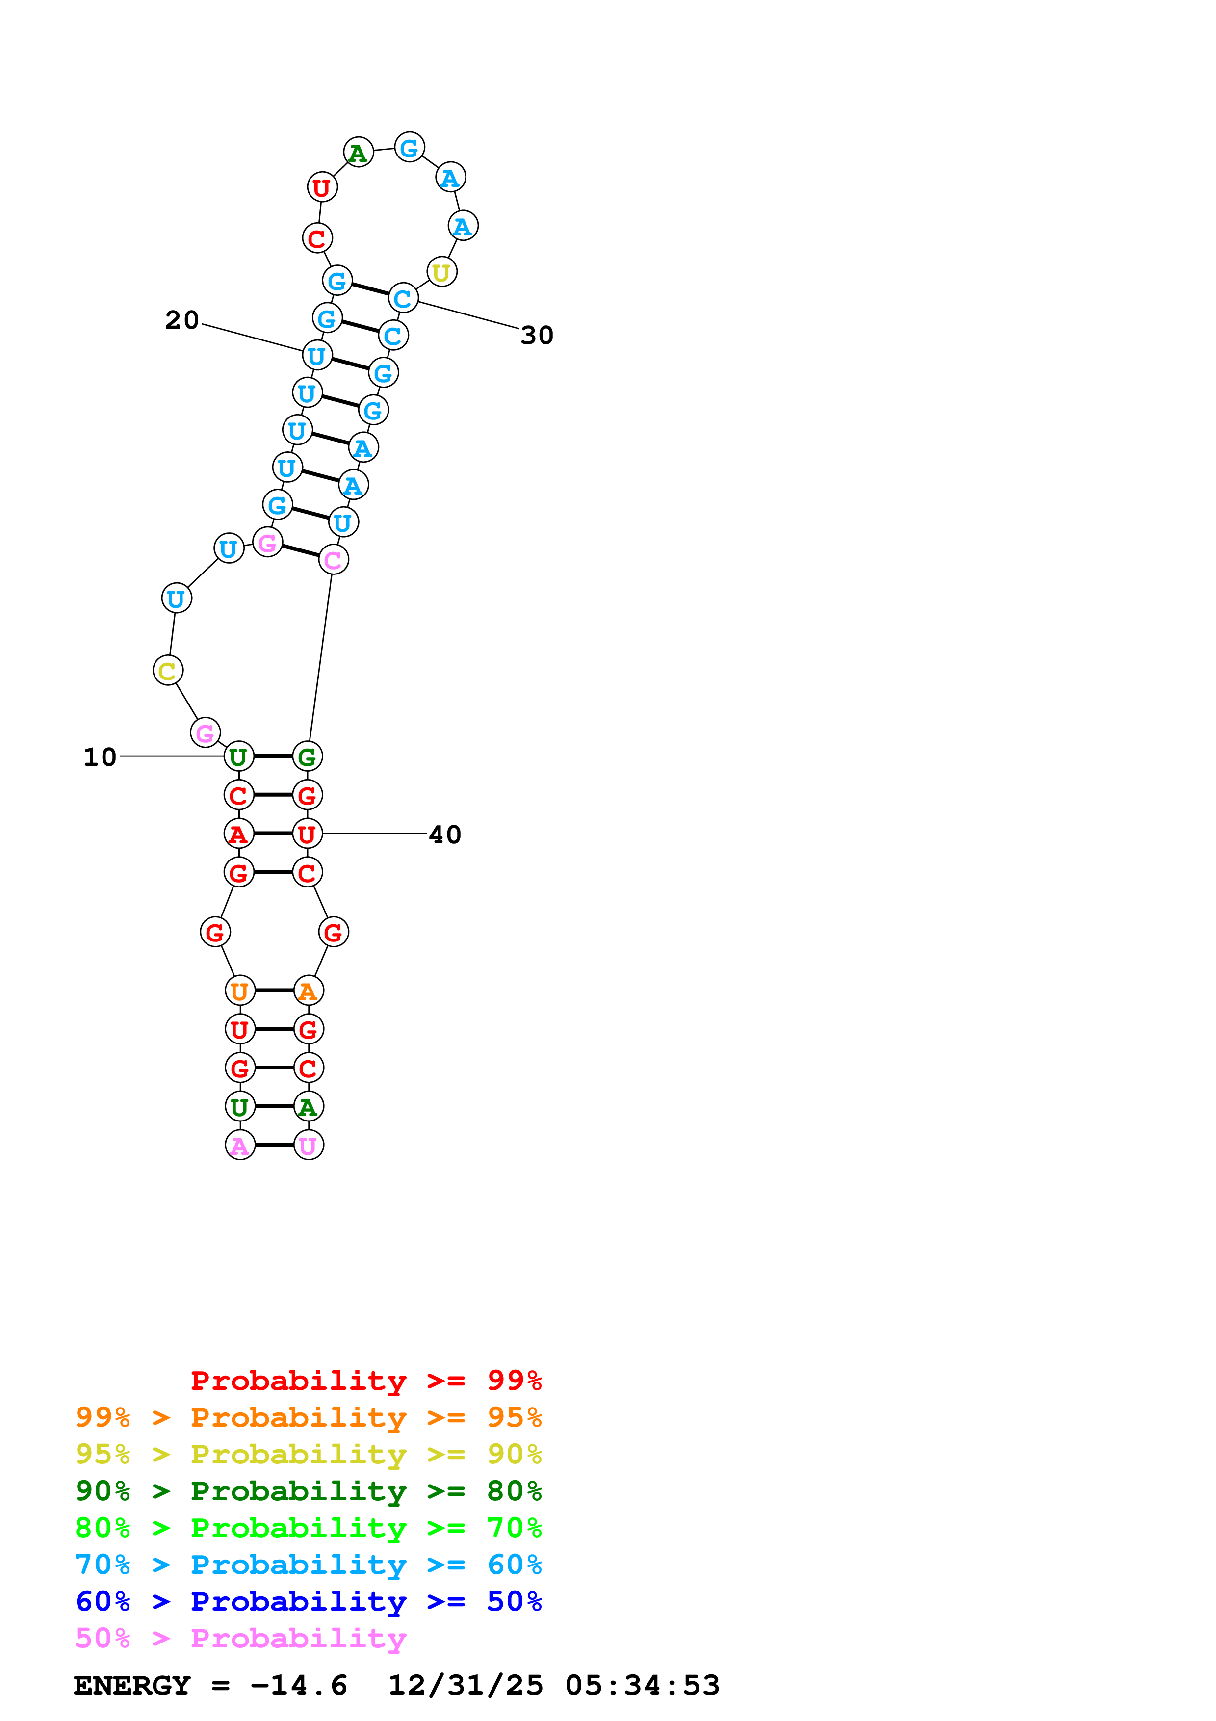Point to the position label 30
click(x=537, y=335)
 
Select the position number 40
click(x=445, y=834)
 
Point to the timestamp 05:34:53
click(x=642, y=1685)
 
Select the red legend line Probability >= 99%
click(x=366, y=1380)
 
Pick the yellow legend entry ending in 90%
click(x=308, y=1454)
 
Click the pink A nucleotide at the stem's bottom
click(x=240, y=1146)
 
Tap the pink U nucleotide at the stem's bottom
click(x=309, y=1146)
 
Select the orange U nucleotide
click(x=240, y=991)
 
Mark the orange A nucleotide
click(x=309, y=991)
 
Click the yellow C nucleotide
click(x=168, y=670)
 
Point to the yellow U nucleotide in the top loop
click(x=442, y=272)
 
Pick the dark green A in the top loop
click(x=358, y=153)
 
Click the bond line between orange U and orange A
click(x=274, y=991)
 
